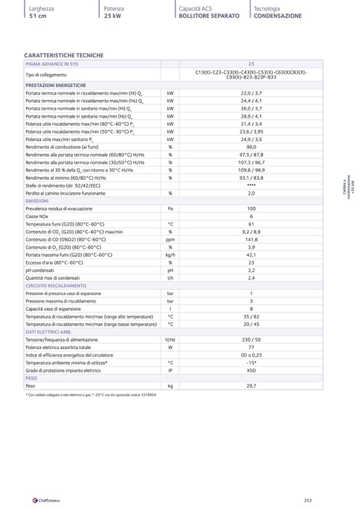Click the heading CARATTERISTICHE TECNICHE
coord(64,55)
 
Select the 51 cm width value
coord(38,16)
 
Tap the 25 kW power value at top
coord(113,16)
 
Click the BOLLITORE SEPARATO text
coord(209,16)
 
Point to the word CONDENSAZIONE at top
coord(278,16)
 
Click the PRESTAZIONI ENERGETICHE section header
coord(56,85)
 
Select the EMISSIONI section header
coord(37,201)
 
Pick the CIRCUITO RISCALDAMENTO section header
coord(56,286)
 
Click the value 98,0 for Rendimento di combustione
coord(251,147)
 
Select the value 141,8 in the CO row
coord(251,239)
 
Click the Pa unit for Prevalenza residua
coord(170,209)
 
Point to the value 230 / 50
coord(251,340)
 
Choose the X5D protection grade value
coord(251,370)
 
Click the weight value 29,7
coord(251,386)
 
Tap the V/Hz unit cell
coord(170,340)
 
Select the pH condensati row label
coord(40,270)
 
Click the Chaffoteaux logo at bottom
coord(46,500)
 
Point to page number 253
coord(307,500)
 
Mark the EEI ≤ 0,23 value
coord(251,355)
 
